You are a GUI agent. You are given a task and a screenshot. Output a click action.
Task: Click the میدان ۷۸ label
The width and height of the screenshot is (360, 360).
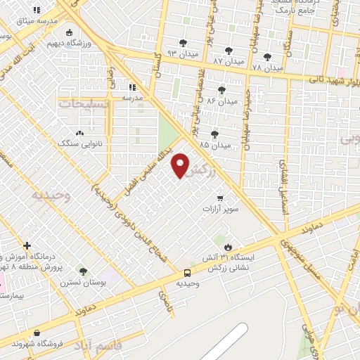click(266, 68)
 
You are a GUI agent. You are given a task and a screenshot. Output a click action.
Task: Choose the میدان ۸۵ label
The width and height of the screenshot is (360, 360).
click(214, 146)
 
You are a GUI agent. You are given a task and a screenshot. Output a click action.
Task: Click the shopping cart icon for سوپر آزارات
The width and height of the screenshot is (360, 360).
click(221, 198)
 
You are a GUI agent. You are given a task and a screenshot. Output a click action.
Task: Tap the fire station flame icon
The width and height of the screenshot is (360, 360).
click(228, 246)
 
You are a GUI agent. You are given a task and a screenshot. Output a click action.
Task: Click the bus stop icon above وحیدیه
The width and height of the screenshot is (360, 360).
click(187, 273)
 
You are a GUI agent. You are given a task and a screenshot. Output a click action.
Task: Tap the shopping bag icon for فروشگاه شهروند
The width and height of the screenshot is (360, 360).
click(37, 333)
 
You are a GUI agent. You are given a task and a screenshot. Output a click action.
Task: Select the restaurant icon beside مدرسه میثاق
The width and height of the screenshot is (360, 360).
click(37, 10)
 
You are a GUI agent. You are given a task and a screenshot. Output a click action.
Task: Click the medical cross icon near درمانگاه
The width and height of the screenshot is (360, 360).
click(27, 245)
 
